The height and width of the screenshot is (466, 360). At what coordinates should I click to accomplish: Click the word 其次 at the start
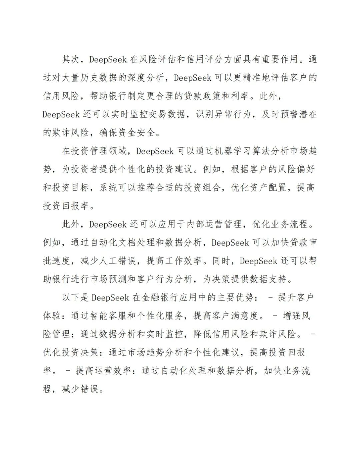coord(71,59)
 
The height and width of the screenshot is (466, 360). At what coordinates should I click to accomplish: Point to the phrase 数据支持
coord(268,279)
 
